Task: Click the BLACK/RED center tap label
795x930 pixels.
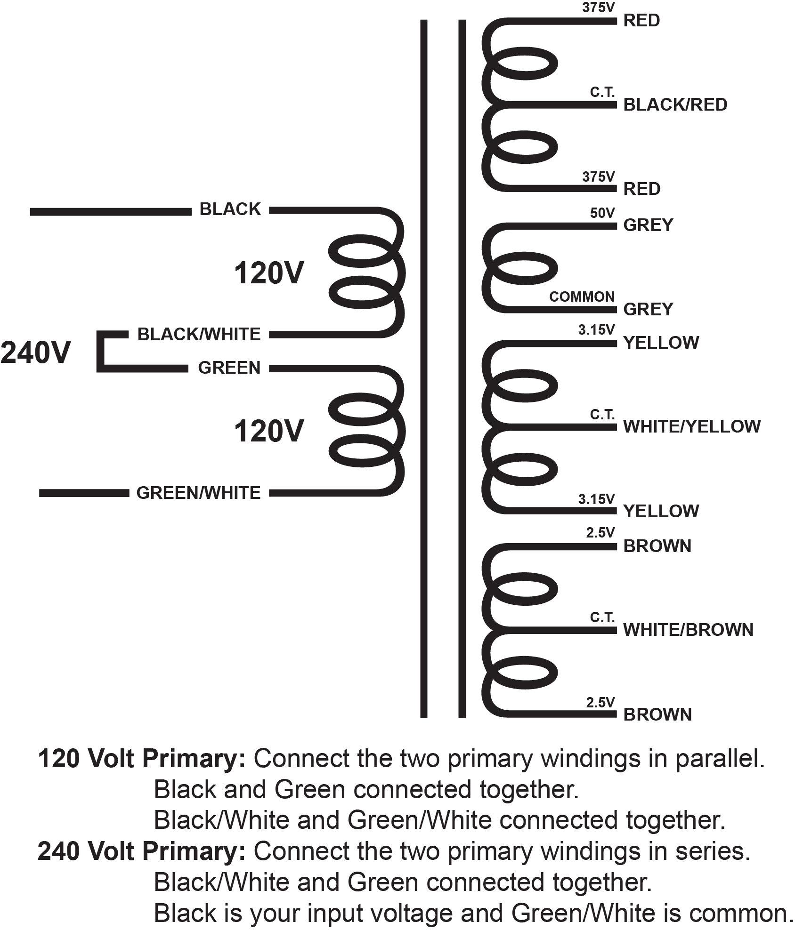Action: pos(675,104)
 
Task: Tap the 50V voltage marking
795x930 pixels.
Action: pos(602,213)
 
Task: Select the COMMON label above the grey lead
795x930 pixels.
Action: pos(582,297)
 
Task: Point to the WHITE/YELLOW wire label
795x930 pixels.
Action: pos(691,426)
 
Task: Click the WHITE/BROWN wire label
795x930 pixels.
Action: pos(688,630)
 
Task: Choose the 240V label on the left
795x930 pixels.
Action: pos(36,353)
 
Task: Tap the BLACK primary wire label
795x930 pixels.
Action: pos(230,209)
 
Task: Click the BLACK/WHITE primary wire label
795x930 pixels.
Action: pos(199,335)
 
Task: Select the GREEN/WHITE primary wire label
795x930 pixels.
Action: pos(198,493)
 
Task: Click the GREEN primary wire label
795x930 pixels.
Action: pos(229,368)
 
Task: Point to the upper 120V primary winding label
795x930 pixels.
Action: pos(269,273)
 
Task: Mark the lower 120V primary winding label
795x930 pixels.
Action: pos(269,431)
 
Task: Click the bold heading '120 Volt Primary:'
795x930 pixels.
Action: pos(141,759)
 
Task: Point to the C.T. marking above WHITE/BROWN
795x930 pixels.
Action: pos(602,617)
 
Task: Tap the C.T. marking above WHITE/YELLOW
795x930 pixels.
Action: pos(602,415)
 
